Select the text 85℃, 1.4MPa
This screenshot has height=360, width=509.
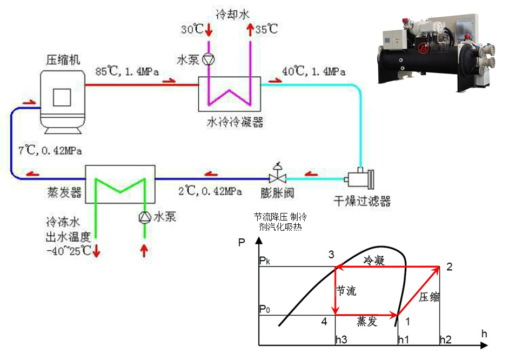(127, 71)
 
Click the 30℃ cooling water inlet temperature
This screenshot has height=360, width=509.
(191, 30)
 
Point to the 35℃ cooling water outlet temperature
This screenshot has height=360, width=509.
(266, 30)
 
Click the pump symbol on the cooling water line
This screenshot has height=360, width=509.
(208, 60)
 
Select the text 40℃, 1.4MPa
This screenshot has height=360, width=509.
(313, 71)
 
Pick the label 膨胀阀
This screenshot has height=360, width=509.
(277, 193)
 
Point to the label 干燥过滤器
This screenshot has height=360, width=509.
(361, 202)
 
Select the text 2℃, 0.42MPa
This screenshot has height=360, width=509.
(210, 191)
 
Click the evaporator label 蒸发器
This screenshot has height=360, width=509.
(64, 193)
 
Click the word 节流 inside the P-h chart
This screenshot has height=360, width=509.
(346, 291)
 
